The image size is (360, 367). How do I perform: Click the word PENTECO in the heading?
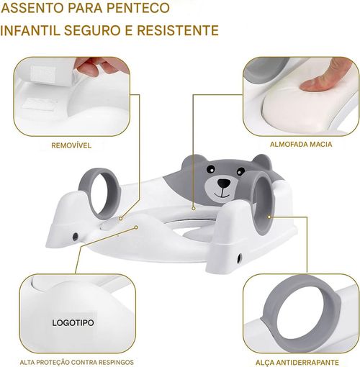coord(138,8)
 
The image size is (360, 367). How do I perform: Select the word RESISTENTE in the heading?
coord(178,30)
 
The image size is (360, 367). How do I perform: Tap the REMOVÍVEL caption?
coord(71,145)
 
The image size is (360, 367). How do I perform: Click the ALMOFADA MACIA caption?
coord(301,144)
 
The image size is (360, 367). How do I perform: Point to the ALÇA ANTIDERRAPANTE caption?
coord(297,362)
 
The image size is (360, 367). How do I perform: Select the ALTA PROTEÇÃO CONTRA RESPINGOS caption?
coord(76,362)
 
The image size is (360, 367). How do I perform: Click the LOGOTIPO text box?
coord(73,322)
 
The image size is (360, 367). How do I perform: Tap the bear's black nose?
coord(224,183)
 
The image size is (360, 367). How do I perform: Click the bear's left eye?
coord(211,169)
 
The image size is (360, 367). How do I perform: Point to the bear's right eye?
coord(240,171)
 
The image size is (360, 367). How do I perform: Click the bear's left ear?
coord(190,161)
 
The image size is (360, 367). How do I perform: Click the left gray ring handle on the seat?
coord(99,192)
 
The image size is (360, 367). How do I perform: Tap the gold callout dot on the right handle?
coord(269,217)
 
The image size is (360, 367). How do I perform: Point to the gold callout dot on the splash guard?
coord(136,227)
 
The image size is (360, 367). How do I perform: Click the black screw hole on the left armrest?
coord(75,237)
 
